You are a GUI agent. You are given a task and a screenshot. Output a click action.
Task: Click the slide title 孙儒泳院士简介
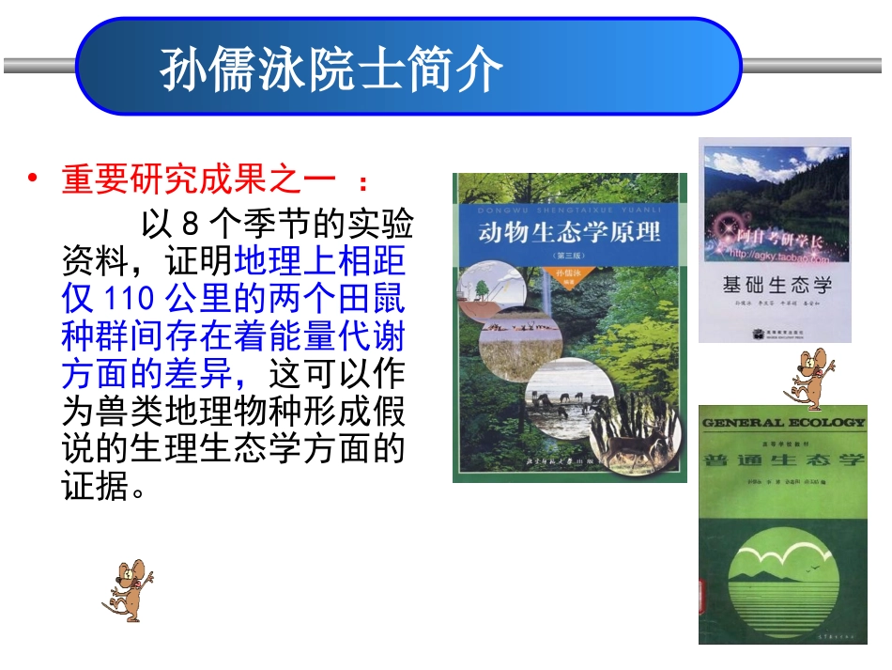click(331, 69)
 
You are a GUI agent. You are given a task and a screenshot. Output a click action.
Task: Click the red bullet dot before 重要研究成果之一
click(34, 178)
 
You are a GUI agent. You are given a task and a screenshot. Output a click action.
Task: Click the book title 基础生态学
click(776, 284)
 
